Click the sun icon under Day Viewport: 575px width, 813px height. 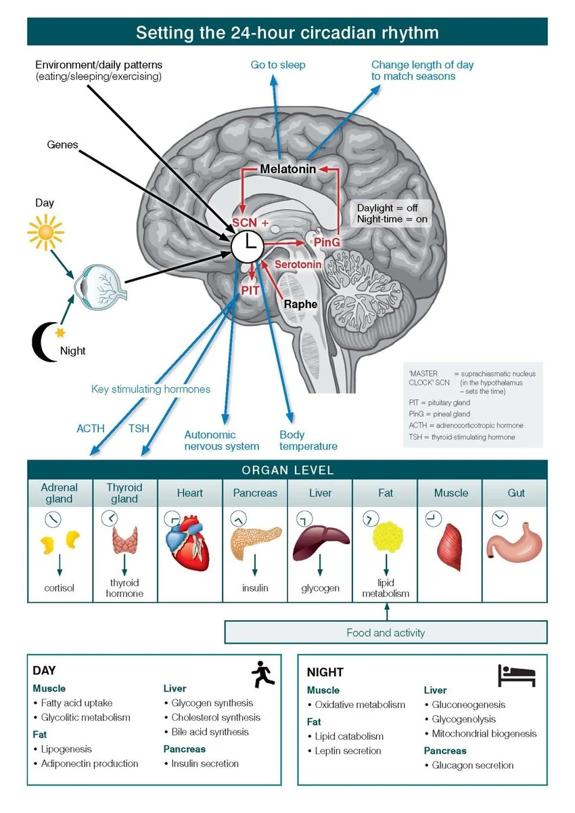[x=46, y=232]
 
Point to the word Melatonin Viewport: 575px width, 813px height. [x=287, y=169]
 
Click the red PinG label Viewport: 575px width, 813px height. [x=327, y=242]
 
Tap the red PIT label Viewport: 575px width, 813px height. [x=250, y=290]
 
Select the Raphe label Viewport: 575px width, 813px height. [x=300, y=304]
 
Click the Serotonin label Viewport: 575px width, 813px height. [x=298, y=264]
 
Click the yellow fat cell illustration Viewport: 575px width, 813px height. [x=388, y=537]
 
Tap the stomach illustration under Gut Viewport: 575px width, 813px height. [x=515, y=542]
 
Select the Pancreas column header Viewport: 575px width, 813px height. [x=255, y=493]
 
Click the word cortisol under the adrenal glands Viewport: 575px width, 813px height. [x=59, y=588]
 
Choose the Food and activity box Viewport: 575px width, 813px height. [x=386, y=632]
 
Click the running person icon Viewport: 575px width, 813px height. [x=263, y=674]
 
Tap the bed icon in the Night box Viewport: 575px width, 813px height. [x=517, y=676]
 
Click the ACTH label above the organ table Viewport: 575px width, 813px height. [x=91, y=429]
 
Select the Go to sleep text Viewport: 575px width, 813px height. [x=278, y=65]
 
